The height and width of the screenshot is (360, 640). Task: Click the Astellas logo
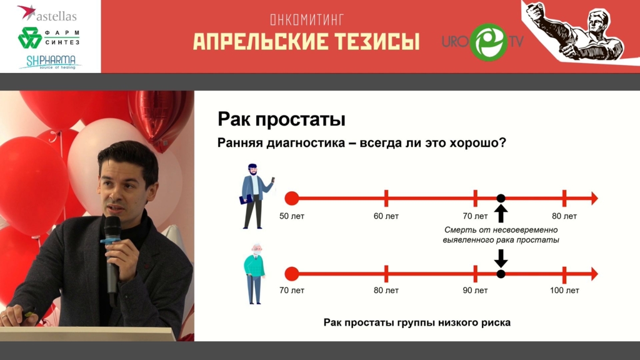point(47,13)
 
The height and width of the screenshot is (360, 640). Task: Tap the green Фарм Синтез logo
point(49,37)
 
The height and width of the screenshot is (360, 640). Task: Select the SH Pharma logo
point(50,62)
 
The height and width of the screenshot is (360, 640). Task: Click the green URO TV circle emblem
point(488,41)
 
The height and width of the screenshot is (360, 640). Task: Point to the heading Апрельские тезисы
point(306,42)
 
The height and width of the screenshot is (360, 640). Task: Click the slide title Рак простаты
point(281,119)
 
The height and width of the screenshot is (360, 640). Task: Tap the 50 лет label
point(291,216)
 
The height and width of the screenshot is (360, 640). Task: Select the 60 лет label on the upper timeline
point(386,216)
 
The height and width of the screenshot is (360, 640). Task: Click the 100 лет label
point(564,290)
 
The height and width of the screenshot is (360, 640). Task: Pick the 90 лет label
point(475,290)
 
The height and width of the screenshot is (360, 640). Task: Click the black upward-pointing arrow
point(501,214)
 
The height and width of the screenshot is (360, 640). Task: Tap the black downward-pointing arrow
point(501,258)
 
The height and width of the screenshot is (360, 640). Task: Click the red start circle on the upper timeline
point(291,198)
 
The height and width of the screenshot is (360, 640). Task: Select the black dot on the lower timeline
point(501,274)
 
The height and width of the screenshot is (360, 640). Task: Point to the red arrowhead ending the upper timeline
point(594,198)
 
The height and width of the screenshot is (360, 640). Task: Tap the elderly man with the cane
point(255,274)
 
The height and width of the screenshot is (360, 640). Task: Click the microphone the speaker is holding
point(112,253)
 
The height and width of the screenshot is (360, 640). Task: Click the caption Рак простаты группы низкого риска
point(417,322)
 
